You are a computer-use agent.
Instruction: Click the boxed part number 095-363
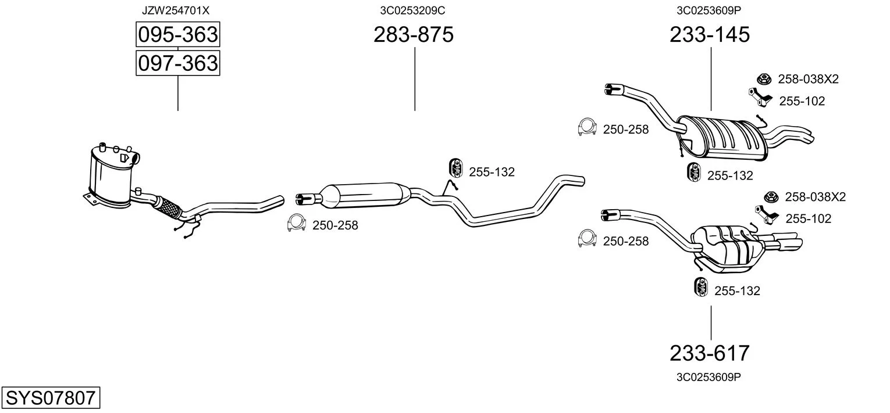tap(178, 34)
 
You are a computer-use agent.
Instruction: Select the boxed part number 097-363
tap(178, 63)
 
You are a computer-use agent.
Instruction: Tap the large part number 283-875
tap(414, 34)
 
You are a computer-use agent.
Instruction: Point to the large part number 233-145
tap(710, 34)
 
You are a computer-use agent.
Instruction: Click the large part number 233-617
tap(710, 353)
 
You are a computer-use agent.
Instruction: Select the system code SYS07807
tap(51, 397)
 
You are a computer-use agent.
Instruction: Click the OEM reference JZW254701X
tap(176, 10)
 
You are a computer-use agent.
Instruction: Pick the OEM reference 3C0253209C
tap(412, 10)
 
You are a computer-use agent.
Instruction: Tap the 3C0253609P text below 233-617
tap(709, 377)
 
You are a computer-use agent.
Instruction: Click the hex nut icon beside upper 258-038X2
tap(764, 79)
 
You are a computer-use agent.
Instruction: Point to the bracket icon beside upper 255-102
tap(760, 97)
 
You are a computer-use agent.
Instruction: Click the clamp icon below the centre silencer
tap(296, 223)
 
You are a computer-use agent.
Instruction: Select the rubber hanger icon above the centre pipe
tap(456, 168)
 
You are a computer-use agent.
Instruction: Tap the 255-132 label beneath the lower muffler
tap(737, 291)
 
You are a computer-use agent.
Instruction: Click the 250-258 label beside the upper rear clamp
tap(626, 130)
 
